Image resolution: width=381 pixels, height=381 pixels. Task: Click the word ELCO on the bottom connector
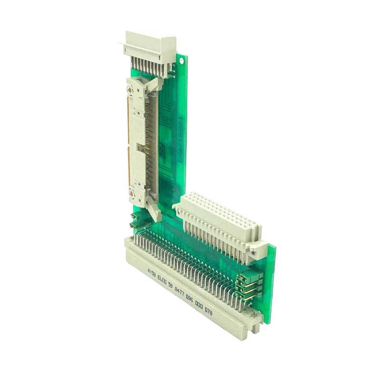pyautogui.click(x=163, y=278)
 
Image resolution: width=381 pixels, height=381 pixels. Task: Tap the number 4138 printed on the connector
pyautogui.click(x=151, y=273)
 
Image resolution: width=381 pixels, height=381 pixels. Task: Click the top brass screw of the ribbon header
pyautogui.click(x=130, y=89)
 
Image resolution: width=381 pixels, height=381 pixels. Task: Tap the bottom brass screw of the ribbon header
pyautogui.click(x=131, y=193)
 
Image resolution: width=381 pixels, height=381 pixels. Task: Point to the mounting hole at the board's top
pyautogui.click(x=180, y=62)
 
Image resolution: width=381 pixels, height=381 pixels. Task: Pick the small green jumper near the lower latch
pyautogui.click(x=135, y=220)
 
